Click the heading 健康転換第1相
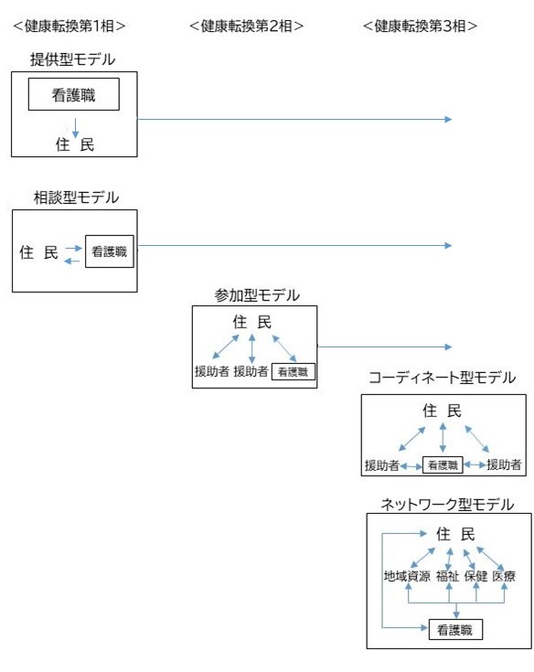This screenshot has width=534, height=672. [69, 27]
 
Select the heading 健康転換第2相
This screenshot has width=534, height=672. [247, 27]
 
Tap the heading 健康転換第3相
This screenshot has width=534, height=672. [420, 27]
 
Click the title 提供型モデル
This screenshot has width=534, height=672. [73, 59]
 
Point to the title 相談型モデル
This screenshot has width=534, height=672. [76, 197]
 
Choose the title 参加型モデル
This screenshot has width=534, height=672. [257, 295]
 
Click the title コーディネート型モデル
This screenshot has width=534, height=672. [443, 378]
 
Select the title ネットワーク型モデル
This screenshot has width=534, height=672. [447, 504]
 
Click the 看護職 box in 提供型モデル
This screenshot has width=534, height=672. [74, 94]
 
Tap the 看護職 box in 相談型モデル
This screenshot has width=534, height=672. [110, 251]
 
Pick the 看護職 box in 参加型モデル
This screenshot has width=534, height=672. [294, 371]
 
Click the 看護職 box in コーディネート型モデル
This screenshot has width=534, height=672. [443, 465]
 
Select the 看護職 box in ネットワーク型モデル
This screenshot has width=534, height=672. [455, 630]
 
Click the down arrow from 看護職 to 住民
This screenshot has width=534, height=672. [75, 128]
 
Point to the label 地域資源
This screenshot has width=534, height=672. [407, 576]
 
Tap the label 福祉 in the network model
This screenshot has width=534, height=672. [448, 576]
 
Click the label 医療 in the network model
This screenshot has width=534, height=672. [504, 576]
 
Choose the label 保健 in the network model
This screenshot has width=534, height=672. [476, 576]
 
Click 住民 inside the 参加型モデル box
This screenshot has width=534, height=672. [252, 322]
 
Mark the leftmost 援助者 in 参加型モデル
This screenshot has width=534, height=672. [212, 371]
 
